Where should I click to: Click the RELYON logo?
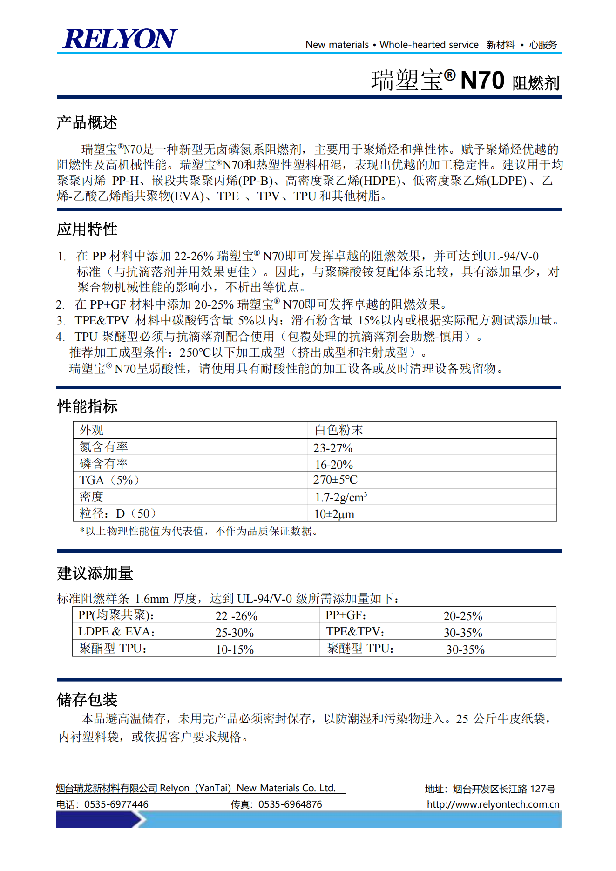tap(120, 39)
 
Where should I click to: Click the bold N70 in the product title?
tap(482, 81)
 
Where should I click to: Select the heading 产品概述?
tap(87, 123)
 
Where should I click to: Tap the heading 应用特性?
tap(87, 229)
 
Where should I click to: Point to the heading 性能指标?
tap(87, 406)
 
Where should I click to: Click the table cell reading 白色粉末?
tap(338, 430)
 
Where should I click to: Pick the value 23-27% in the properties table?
tap(332, 448)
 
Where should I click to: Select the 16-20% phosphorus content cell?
tap(333, 465)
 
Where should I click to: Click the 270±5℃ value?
tap(335, 480)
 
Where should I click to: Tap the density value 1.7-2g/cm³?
tap(340, 497)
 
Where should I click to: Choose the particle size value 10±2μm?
tap(334, 514)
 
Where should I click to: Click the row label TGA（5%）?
tap(109, 480)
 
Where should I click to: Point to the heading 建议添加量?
tap(95, 573)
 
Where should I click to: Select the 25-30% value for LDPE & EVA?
tap(234, 633)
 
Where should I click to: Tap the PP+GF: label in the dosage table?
tap(345, 615)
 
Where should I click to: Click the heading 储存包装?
tap(87, 699)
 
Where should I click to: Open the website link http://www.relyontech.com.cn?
tap(493, 804)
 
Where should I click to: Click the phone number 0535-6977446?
tap(116, 804)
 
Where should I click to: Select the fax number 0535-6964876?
tap(290, 804)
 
